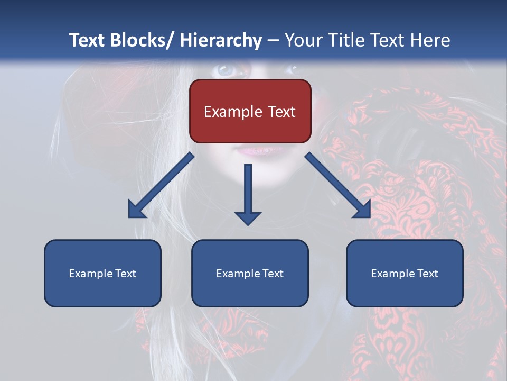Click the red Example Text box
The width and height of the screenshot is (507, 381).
coord(250,111)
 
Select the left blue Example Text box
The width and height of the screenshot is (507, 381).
coord(102,273)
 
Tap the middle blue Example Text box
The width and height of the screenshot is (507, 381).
coord(250,273)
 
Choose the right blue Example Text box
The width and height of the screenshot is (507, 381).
coord(405,273)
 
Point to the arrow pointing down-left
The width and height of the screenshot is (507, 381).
coord(161,186)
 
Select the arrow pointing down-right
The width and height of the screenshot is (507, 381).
coord(338,186)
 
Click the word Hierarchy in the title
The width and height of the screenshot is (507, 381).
coord(221,40)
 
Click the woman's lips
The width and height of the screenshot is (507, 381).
coord(259,150)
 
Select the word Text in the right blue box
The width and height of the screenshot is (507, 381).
coord(427,274)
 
